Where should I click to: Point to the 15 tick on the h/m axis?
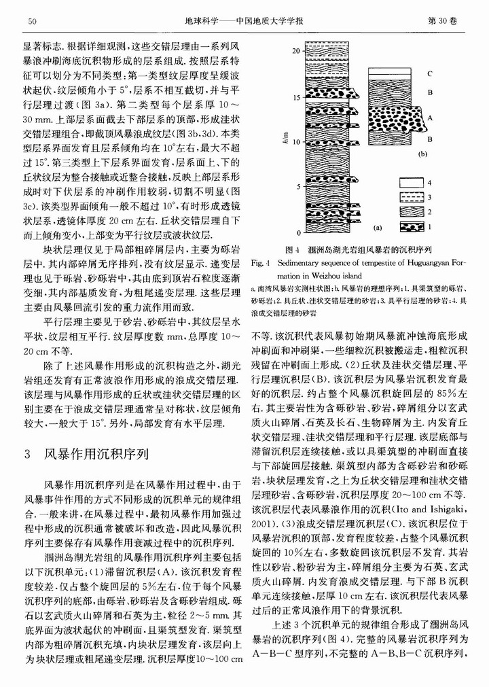(x=295, y=98)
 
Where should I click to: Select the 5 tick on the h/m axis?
(x=297, y=186)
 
